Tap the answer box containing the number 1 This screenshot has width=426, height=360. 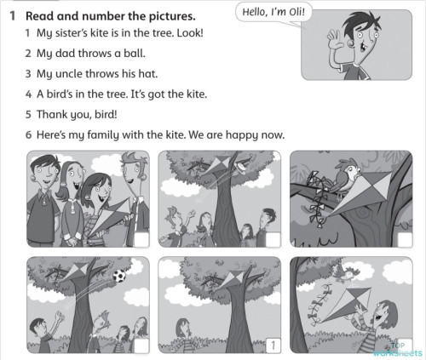coord(271,345)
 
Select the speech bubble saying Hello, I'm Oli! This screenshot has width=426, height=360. coord(274,12)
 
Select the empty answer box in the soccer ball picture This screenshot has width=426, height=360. coord(139,345)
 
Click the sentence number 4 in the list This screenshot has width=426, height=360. coord(28,94)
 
